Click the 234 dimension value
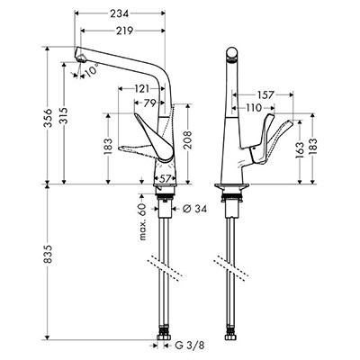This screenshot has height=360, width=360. click(119, 13)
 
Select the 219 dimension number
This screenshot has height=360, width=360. click(124, 31)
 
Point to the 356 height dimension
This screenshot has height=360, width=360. click(49, 118)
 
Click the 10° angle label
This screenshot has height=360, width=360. click(92, 71)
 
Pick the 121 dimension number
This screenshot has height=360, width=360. click(141, 89)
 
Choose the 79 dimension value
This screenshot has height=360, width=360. click(149, 103)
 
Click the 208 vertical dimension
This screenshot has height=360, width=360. click(187, 140)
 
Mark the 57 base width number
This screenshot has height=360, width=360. click(165, 179)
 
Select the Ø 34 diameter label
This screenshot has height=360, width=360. click(194, 209)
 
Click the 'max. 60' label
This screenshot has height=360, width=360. click(142, 221)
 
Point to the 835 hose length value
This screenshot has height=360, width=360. click(49, 254)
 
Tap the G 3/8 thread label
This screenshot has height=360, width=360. click(190, 346)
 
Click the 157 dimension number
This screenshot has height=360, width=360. click(265, 94)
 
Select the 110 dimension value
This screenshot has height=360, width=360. click(254, 107)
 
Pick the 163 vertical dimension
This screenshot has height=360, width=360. click(301, 149)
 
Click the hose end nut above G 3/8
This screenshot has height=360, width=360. click(163, 336)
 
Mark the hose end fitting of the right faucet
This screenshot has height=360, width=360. click(230, 336)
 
